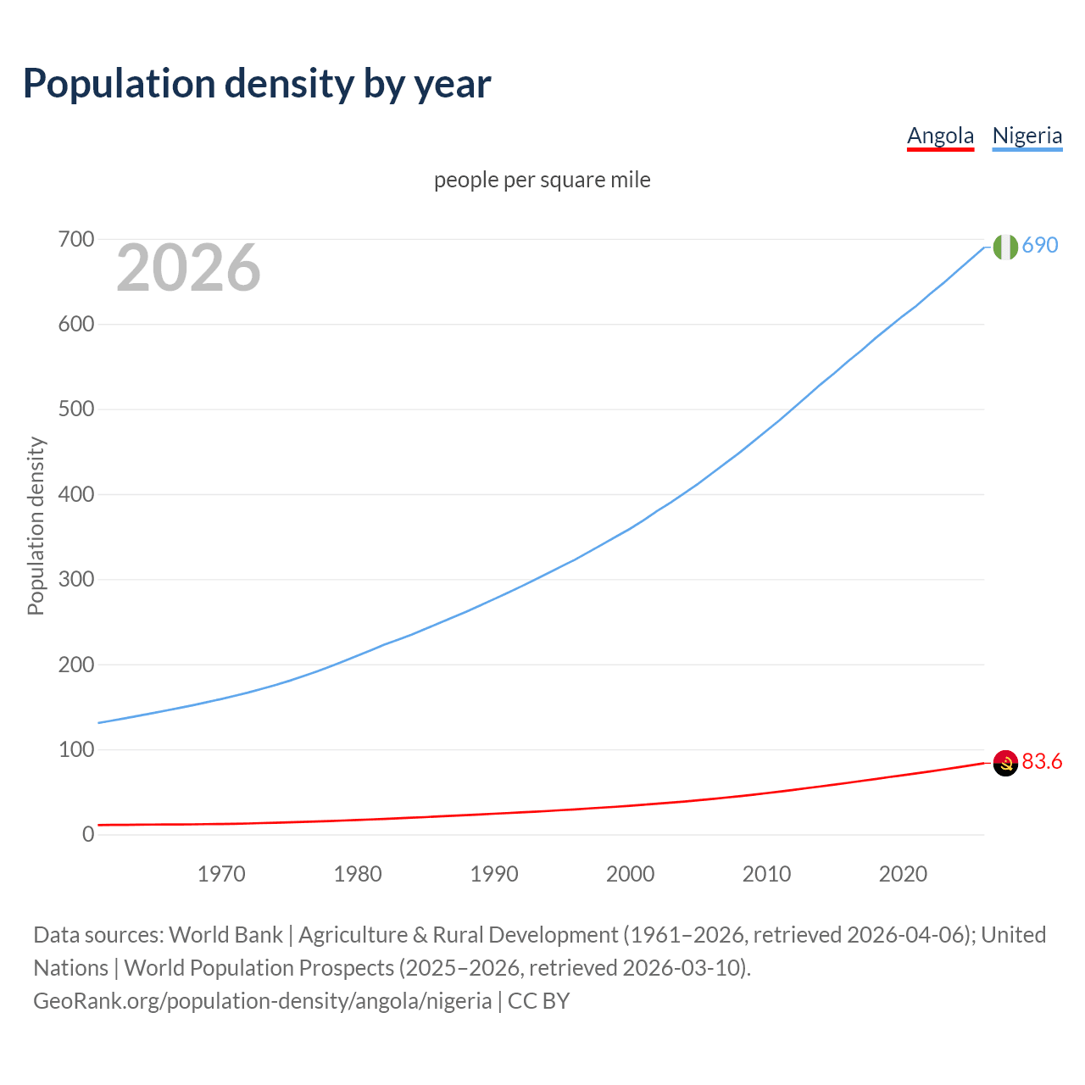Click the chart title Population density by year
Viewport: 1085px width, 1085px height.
[257, 83]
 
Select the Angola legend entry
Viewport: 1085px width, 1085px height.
[940, 136]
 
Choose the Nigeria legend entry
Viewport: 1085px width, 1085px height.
[1027, 136]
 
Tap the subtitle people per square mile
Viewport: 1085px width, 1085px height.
[542, 180]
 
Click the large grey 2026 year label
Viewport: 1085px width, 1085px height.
[188, 268]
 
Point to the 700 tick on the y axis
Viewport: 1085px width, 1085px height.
[76, 240]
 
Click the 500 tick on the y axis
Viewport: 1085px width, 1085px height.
[76, 409]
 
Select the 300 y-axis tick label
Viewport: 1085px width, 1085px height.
[76, 580]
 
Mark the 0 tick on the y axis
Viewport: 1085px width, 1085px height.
[88, 834]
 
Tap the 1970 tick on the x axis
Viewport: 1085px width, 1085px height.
[221, 874]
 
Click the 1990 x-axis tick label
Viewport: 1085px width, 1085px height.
[494, 874]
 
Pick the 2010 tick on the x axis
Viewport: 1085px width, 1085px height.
[766, 874]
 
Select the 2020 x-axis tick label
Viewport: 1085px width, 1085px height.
[903, 874]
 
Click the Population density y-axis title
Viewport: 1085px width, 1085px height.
[36, 526]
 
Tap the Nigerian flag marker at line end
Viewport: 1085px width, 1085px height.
[1005, 247]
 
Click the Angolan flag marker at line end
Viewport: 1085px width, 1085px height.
[1005, 763]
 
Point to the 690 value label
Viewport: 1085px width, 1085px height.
[1040, 245]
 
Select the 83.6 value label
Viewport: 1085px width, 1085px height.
[1042, 761]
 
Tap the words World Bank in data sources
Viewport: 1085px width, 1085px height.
[225, 935]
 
